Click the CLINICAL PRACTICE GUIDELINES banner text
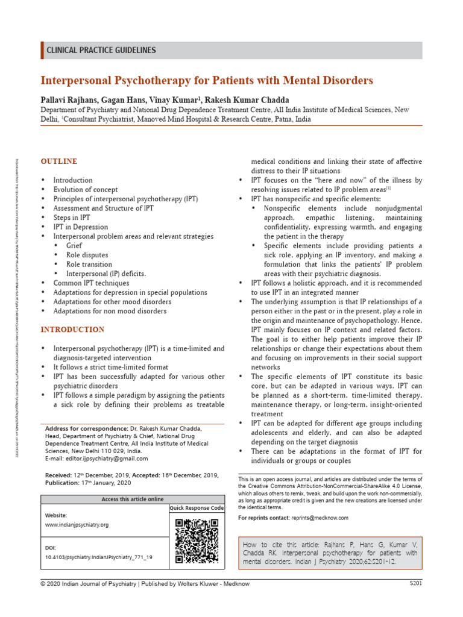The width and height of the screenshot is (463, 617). click(101, 51)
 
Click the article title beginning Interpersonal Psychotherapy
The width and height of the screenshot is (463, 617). click(207, 80)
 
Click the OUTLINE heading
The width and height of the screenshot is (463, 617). click(58, 161)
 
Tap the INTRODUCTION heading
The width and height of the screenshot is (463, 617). click(72, 330)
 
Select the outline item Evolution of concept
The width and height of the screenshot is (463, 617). click(86, 189)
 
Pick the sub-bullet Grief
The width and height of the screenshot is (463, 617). click(74, 245)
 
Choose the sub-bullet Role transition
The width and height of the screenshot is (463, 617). click(89, 264)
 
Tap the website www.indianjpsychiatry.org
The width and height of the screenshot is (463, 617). click(77, 525)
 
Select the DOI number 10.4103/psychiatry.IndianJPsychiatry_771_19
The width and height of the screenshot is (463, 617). click(99, 557)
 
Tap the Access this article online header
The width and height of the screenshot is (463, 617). click(132, 499)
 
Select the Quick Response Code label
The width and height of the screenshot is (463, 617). click(197, 508)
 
